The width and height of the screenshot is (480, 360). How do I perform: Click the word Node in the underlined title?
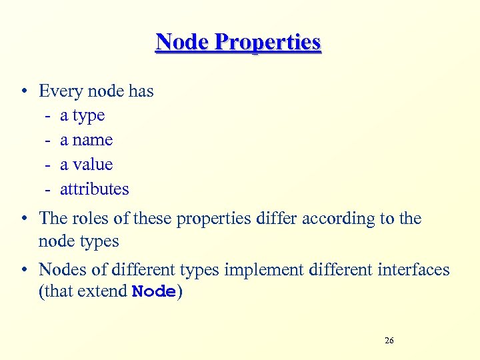tap(182, 42)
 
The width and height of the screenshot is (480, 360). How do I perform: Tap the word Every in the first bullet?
tap(61, 91)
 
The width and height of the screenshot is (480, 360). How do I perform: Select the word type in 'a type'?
tap(89, 116)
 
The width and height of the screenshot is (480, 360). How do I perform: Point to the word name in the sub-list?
tap(93, 140)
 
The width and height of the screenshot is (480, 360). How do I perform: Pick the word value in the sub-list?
tap(93, 164)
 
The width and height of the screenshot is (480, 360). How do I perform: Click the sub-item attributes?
tap(95, 189)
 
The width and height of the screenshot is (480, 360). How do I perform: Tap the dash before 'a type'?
tap(49, 116)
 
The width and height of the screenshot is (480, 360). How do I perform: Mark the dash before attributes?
tap(49, 189)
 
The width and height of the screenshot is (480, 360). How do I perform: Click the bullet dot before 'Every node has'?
tap(23, 91)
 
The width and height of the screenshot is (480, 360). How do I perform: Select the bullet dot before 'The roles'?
tap(23, 219)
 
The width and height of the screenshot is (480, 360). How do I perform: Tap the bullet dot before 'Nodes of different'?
tap(23, 270)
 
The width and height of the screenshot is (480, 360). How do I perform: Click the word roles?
tap(91, 218)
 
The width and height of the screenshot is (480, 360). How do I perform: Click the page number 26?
tap(389, 341)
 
